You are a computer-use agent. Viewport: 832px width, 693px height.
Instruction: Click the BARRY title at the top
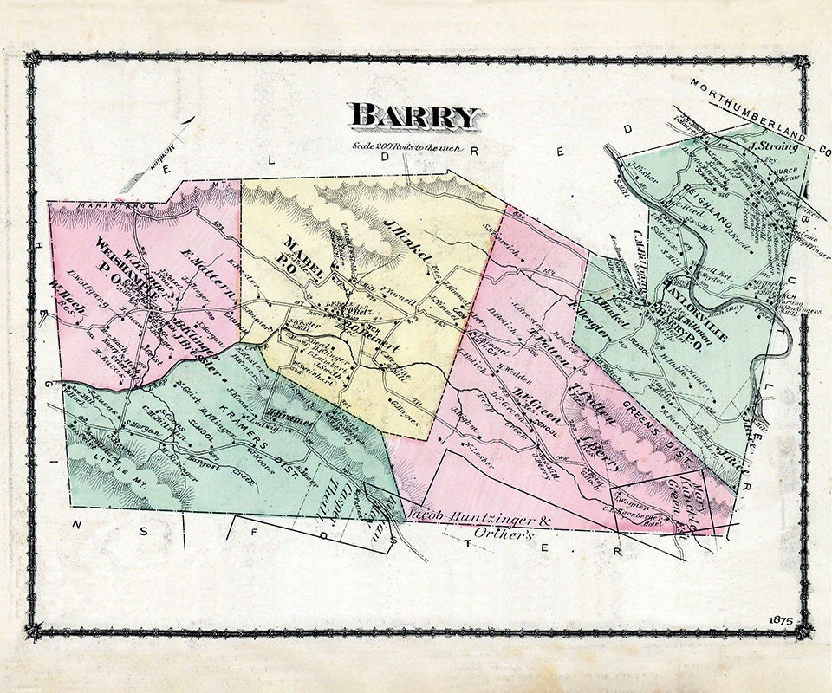[x=415, y=115]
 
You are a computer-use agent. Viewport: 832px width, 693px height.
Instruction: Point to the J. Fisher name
[x=642, y=170]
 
